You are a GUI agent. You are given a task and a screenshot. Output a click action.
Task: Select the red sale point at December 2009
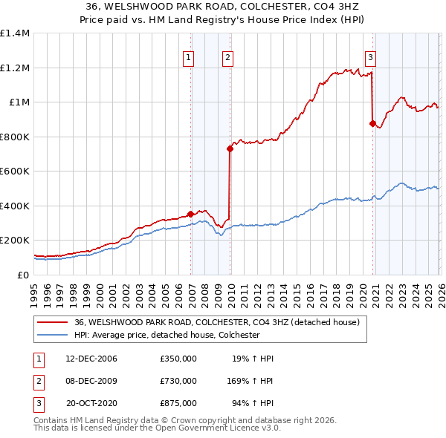230,148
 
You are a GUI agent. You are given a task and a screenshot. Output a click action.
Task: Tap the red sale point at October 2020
372,124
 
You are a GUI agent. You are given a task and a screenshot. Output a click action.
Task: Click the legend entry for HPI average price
166,335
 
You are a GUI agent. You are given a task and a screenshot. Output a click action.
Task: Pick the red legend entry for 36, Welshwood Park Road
216,322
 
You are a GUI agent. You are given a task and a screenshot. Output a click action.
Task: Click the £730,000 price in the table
178,381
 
